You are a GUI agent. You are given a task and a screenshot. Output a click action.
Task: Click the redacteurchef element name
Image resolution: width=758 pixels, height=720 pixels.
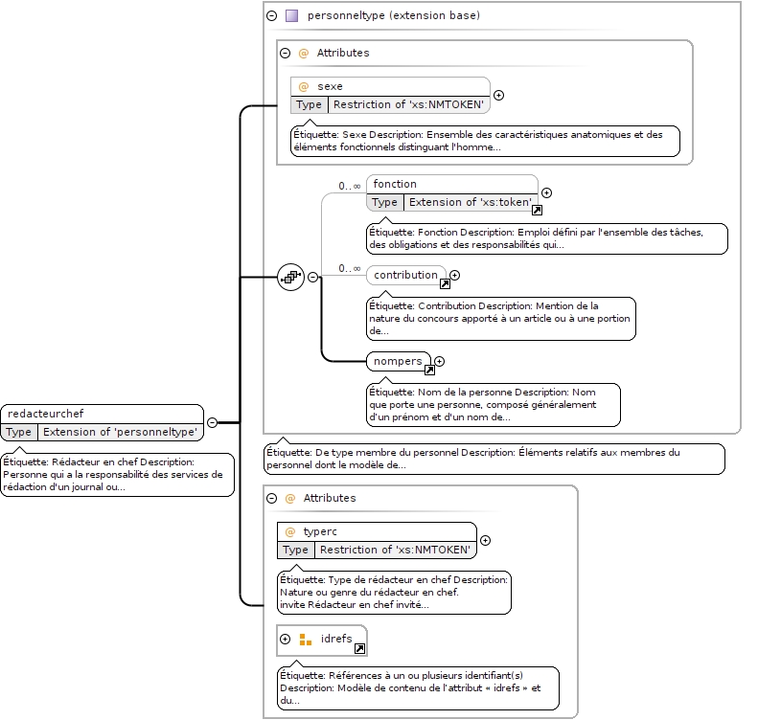click(45, 414)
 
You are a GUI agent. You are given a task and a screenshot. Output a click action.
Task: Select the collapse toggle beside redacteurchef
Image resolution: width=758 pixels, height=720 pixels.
click(212, 422)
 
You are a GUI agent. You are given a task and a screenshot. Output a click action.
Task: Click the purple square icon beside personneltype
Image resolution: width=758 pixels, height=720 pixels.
click(291, 16)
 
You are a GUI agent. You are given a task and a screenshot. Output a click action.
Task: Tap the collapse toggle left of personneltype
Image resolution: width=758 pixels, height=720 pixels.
click(272, 16)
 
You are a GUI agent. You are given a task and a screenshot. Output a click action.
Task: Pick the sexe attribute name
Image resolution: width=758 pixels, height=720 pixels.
click(330, 86)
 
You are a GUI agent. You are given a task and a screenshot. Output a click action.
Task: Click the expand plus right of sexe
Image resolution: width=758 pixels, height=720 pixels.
click(498, 95)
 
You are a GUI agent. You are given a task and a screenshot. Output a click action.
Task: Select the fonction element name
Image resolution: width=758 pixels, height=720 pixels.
click(395, 184)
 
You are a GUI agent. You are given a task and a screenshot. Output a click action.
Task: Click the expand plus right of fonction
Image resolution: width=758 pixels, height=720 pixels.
click(546, 192)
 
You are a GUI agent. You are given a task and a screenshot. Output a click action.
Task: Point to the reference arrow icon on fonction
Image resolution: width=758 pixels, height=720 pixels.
click(537, 210)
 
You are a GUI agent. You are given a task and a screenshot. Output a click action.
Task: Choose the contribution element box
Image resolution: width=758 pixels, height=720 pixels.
click(406, 275)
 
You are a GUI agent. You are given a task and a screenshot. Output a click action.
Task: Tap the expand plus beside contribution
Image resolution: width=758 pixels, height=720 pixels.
click(454, 275)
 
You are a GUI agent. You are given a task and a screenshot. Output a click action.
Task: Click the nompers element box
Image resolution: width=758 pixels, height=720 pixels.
click(399, 361)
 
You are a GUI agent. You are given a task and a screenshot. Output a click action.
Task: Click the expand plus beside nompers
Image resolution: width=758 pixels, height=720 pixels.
click(439, 361)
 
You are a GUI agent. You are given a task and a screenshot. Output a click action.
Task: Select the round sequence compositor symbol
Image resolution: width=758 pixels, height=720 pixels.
click(290, 278)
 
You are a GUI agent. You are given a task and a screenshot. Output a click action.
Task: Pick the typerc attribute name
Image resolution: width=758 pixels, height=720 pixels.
click(319, 531)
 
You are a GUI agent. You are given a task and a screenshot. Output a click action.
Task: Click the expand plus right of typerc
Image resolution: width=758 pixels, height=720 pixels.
click(485, 540)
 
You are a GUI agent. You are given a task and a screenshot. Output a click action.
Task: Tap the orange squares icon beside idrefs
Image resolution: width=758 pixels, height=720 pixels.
click(306, 640)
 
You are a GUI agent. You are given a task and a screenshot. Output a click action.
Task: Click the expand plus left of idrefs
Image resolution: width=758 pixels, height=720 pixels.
click(286, 640)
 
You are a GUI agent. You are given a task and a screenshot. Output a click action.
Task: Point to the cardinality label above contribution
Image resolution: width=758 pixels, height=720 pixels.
click(350, 268)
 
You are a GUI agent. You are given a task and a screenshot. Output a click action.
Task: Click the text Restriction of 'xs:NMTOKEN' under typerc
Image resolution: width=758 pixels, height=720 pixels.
click(395, 550)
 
